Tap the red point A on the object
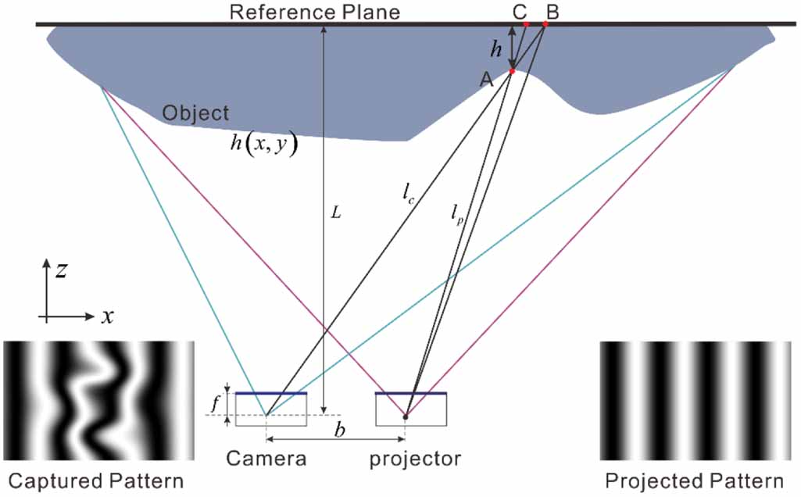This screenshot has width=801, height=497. point(512,72)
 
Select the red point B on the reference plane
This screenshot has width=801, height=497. point(545,24)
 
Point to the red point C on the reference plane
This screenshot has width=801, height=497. point(526,24)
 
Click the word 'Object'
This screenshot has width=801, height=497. point(195,113)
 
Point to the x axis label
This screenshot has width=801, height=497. point(107,316)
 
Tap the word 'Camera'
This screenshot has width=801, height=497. point(266,459)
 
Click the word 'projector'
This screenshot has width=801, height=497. point(415,459)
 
